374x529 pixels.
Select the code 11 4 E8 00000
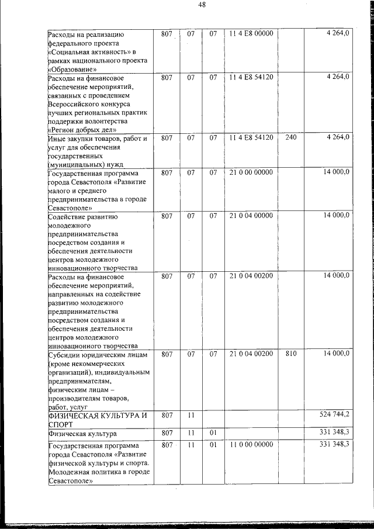251,34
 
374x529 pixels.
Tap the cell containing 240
291,137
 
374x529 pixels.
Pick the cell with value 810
291,354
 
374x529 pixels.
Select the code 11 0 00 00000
251,445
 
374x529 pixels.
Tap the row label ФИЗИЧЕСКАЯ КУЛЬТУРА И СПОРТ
96,419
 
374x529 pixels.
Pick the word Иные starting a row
57,139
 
